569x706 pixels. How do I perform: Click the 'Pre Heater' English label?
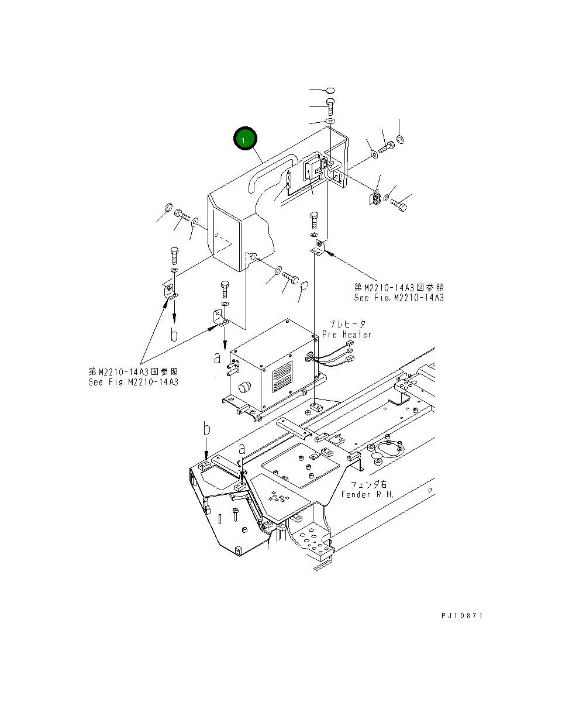[347, 335]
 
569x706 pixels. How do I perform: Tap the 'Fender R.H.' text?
[368, 495]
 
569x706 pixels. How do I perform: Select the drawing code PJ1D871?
[463, 616]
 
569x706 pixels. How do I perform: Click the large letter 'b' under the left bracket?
[174, 335]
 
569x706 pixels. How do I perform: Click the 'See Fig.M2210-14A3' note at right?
[399, 298]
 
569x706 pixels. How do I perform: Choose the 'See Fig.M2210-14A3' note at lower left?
[133, 382]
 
